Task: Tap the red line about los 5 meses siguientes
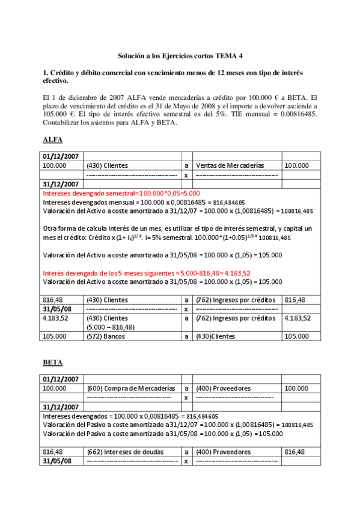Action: click(147, 272)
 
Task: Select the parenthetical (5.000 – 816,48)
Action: click(111, 327)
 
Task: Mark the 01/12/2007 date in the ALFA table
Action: click(62, 156)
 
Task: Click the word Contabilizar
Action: click(63, 123)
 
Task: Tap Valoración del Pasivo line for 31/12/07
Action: click(178, 425)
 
